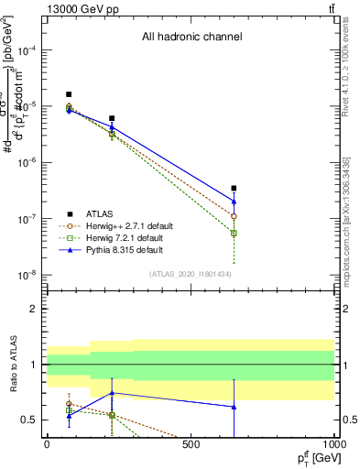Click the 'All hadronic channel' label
pos(191,38)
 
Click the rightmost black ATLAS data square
pos(235,189)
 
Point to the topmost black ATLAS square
pos(69,94)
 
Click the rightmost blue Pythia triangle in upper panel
pos(235,201)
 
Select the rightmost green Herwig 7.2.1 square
pos(235,234)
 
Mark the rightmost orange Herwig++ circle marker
pos(235,216)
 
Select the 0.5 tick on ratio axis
pos(31,420)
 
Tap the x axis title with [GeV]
pos(311,457)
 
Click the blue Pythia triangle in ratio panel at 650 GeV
pos(235,407)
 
